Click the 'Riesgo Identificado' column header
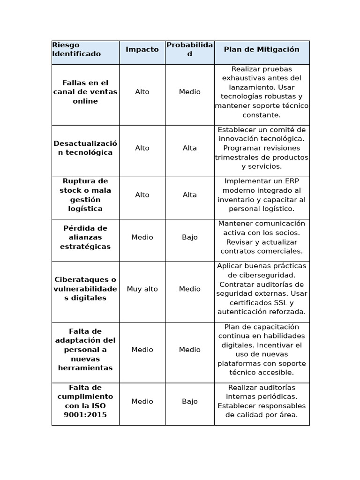click(76, 50)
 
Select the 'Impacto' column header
click(142, 49)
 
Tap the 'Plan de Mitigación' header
click(262, 49)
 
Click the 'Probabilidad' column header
click(189, 49)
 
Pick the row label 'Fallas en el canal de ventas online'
click(85, 92)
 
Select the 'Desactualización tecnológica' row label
click(85, 148)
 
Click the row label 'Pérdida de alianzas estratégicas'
click(85, 237)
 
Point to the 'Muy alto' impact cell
click(142, 289)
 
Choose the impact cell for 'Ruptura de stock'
click(142, 195)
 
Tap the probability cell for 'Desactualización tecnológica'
click(190, 148)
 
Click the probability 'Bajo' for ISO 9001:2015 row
click(190, 401)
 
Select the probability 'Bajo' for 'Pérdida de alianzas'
click(190, 237)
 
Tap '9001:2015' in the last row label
click(85, 415)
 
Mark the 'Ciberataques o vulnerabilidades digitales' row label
click(85, 289)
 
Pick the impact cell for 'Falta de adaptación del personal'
click(142, 350)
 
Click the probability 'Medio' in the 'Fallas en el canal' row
click(190, 92)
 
